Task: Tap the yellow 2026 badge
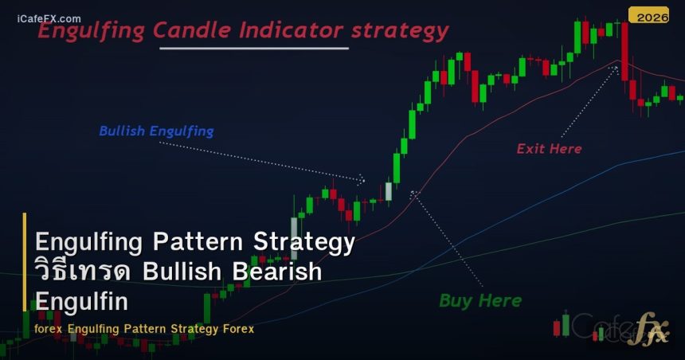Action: point(648,16)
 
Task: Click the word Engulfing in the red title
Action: point(92,32)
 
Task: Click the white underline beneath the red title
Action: point(254,49)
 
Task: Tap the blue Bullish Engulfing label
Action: point(156,131)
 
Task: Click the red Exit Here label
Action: point(549,148)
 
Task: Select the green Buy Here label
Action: point(480,300)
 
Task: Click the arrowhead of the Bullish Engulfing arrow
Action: point(362,180)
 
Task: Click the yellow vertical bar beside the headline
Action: point(25,261)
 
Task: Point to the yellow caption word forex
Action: point(49,328)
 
